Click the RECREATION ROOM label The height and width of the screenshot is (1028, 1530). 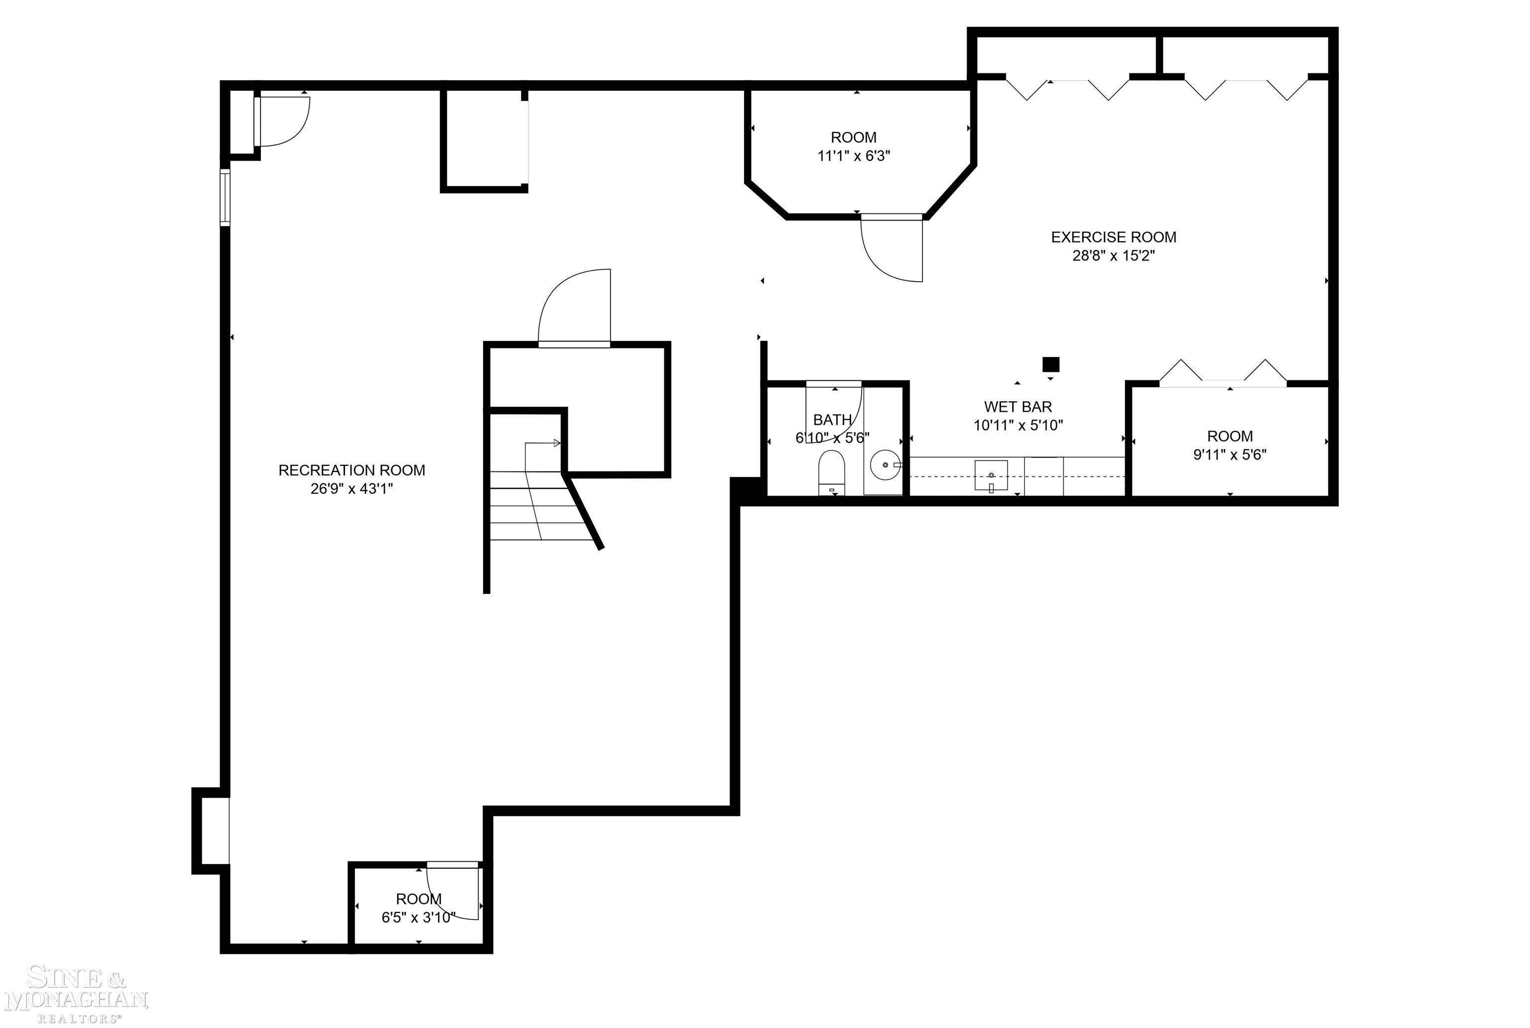coord(352,470)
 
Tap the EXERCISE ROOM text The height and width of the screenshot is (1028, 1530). coord(1113,237)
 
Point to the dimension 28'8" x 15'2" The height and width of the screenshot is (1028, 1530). coord(1113,256)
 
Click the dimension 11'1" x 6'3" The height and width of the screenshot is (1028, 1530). coord(853,156)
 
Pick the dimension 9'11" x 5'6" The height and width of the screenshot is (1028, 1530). coord(1229,455)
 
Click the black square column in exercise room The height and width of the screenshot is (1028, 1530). coord(1050,364)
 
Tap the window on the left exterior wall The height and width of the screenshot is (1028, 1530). coord(225,197)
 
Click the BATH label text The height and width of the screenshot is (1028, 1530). coord(832,420)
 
